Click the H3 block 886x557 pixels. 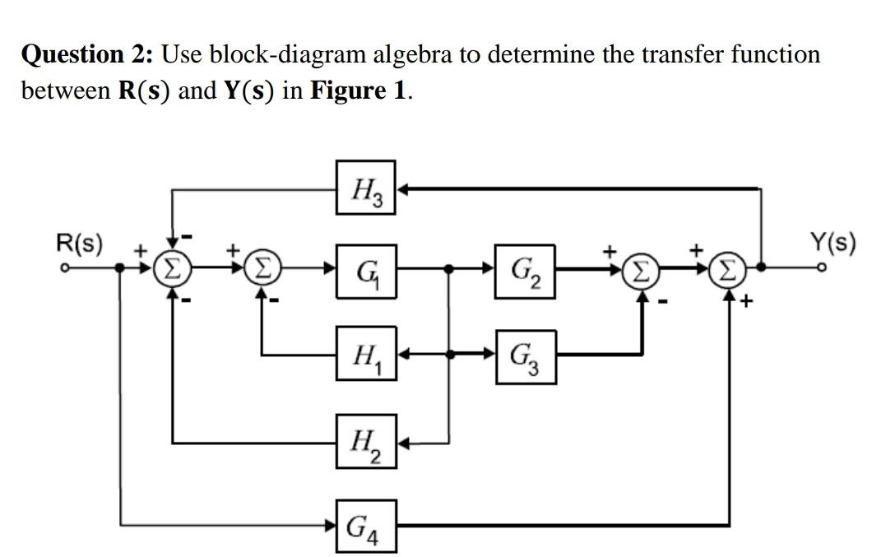[366, 189]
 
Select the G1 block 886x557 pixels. [366, 268]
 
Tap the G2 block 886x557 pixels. [524, 268]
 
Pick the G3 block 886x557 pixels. [524, 356]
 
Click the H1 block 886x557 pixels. [366, 356]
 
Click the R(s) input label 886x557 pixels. [79, 244]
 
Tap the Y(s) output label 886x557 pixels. [832, 244]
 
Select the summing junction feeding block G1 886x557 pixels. [262, 268]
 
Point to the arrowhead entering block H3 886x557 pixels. [403, 189]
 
